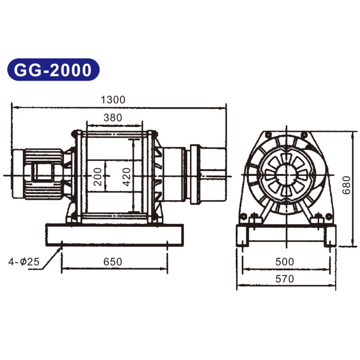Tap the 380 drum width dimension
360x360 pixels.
pos(112,118)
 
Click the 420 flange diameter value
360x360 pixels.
pos(126,177)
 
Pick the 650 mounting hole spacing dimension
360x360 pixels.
pos(112,261)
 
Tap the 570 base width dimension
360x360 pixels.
pos(284,279)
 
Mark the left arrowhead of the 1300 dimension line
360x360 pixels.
pos(13,108)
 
